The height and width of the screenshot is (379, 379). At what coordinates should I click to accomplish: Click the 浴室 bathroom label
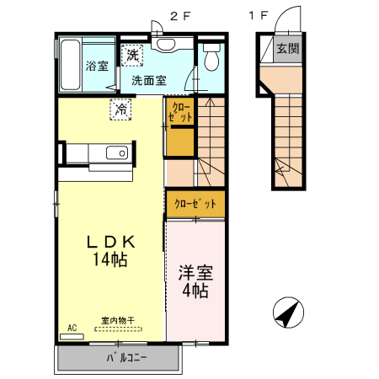(97, 66)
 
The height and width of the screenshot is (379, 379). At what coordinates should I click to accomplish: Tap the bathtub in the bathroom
(71, 65)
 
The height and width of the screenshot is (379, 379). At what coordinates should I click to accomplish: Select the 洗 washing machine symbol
(132, 56)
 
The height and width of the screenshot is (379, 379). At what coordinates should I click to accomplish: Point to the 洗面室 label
(149, 81)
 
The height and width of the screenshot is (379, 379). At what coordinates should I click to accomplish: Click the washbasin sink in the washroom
(166, 44)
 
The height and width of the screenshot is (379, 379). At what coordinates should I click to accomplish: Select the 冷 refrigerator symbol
(120, 109)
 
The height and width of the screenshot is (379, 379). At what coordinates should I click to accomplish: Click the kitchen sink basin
(117, 153)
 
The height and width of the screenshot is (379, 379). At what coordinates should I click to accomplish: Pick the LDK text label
(111, 242)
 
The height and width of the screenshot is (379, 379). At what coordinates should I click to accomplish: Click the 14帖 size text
(110, 259)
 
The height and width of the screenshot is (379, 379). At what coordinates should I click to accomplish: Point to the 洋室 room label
(195, 273)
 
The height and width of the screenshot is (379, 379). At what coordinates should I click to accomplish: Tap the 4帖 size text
(195, 291)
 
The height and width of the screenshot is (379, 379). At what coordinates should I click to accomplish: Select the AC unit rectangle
(72, 337)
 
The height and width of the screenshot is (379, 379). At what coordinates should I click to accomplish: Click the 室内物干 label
(118, 320)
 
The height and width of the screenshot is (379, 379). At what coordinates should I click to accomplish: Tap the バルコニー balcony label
(126, 358)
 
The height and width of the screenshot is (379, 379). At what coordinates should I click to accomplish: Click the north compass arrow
(287, 314)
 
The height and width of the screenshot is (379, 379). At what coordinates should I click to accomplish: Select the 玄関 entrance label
(288, 49)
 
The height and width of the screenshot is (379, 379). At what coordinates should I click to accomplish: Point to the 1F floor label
(259, 15)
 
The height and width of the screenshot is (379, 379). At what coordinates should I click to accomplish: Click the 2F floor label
(180, 16)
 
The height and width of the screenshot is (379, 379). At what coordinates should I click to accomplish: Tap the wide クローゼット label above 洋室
(195, 204)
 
